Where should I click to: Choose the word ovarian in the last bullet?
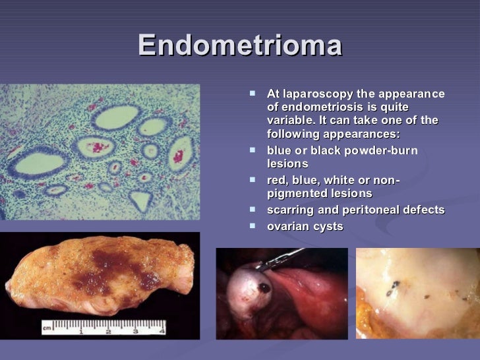click(287, 225)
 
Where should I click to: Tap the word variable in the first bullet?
click(289, 121)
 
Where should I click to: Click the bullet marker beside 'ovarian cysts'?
click(254, 225)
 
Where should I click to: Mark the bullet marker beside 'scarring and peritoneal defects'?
click(254, 210)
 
